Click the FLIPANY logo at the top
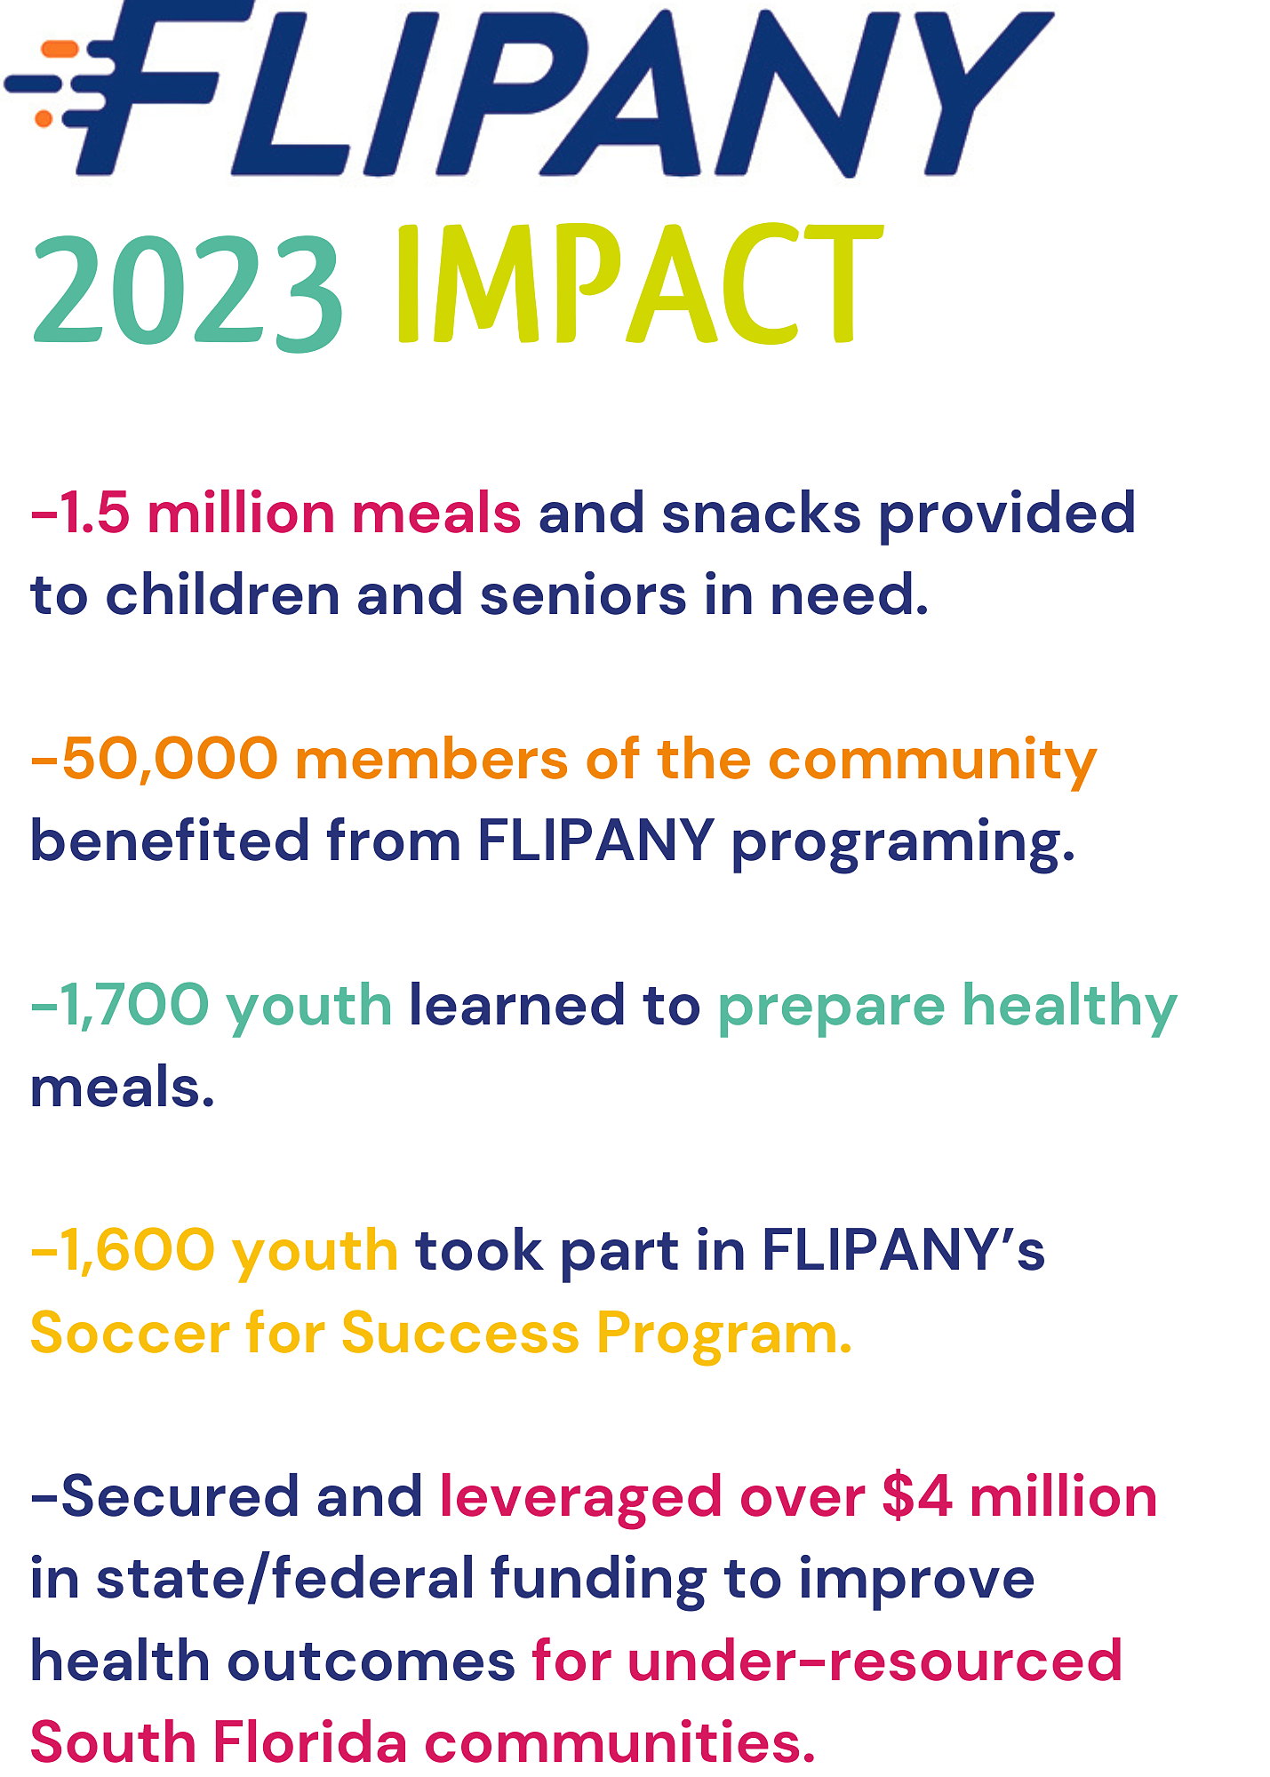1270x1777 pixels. [x=529, y=88]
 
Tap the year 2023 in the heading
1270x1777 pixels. [x=188, y=292]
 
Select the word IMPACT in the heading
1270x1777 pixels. [x=639, y=284]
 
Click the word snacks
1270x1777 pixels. [x=762, y=514]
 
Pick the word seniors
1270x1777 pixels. [x=584, y=595]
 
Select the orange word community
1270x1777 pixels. [x=932, y=761]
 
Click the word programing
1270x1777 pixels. [x=903, y=843]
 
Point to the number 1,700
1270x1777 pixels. [x=134, y=1007]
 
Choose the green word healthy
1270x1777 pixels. [x=1070, y=1008]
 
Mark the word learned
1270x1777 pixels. [x=517, y=1005]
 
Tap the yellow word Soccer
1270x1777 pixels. [x=130, y=1334]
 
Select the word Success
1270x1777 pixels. [x=459, y=1334]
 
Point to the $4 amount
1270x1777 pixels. [x=916, y=1497]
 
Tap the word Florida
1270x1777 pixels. [x=310, y=1742]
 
